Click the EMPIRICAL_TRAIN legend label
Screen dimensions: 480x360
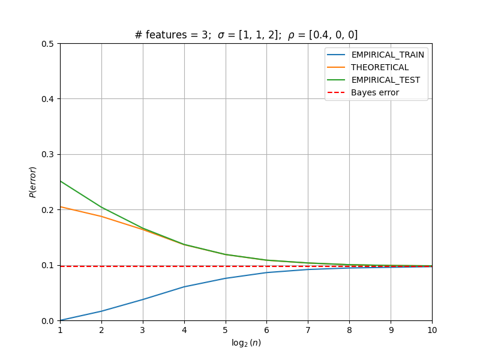(388, 55)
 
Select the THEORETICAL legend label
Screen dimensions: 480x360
(380, 67)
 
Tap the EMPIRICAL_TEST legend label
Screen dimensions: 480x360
(386, 80)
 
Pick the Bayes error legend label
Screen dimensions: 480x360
(375, 92)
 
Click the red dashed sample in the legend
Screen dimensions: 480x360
(336, 92)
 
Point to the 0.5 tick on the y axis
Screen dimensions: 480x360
(47, 44)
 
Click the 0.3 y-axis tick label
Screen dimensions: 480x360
(47, 155)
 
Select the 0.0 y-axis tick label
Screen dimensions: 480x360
(47, 321)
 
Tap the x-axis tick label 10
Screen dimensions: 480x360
(432, 330)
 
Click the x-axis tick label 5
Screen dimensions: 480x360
(226, 330)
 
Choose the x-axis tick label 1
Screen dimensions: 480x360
(61, 330)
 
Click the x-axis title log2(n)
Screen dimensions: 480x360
(246, 343)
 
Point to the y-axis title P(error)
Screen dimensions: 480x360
(33, 182)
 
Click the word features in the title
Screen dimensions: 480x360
(166, 35)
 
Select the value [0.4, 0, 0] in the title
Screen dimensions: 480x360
(333, 35)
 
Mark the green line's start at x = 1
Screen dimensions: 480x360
(61, 181)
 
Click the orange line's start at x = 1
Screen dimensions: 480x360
(61, 207)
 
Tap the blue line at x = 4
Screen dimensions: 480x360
(184, 287)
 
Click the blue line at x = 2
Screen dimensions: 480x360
(101, 311)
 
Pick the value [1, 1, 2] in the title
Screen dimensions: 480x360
(260, 35)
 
